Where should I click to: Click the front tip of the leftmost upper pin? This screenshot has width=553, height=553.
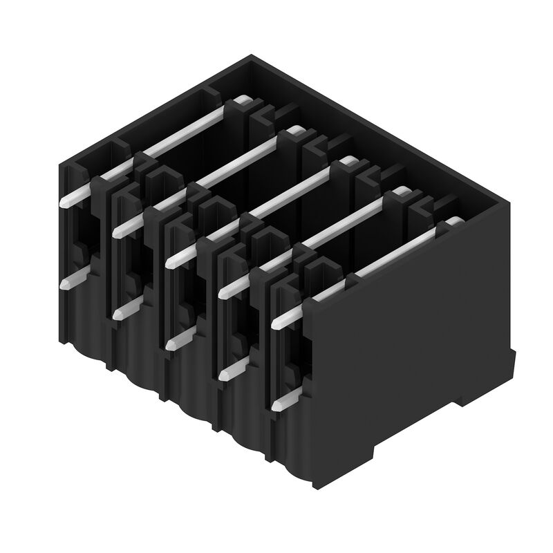[64, 201]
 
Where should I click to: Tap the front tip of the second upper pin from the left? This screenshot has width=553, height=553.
[117, 230]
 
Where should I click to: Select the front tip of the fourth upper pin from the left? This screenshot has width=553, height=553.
[223, 292]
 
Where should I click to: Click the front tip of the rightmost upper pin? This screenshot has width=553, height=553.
[278, 323]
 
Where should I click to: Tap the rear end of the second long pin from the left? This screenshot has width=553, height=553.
[294, 131]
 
